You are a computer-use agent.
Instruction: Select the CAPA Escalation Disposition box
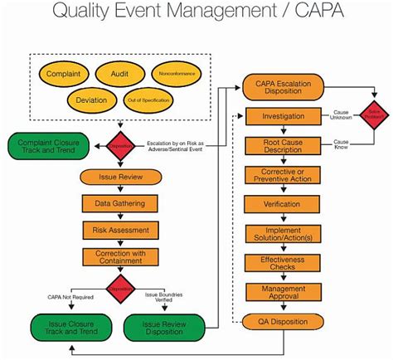288,88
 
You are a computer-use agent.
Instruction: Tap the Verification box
288,203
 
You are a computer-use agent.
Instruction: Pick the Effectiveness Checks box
288,264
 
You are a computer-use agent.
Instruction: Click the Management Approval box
288,292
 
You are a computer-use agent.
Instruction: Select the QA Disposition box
288,322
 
